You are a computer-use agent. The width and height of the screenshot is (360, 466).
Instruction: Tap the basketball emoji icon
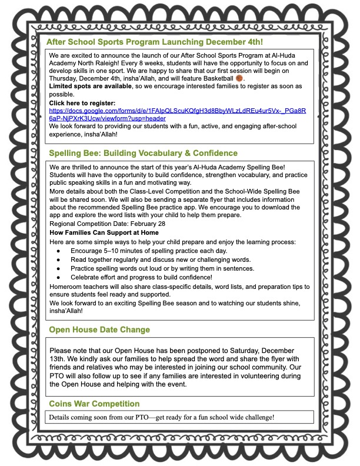239,78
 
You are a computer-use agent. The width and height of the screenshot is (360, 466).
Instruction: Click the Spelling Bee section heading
143,154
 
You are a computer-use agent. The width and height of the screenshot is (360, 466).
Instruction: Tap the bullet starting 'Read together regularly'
160,260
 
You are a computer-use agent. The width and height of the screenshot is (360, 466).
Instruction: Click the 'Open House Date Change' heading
99,329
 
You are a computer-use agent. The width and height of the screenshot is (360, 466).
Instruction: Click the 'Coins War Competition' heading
94,404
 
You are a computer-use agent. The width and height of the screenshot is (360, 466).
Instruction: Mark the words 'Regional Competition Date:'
88,224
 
